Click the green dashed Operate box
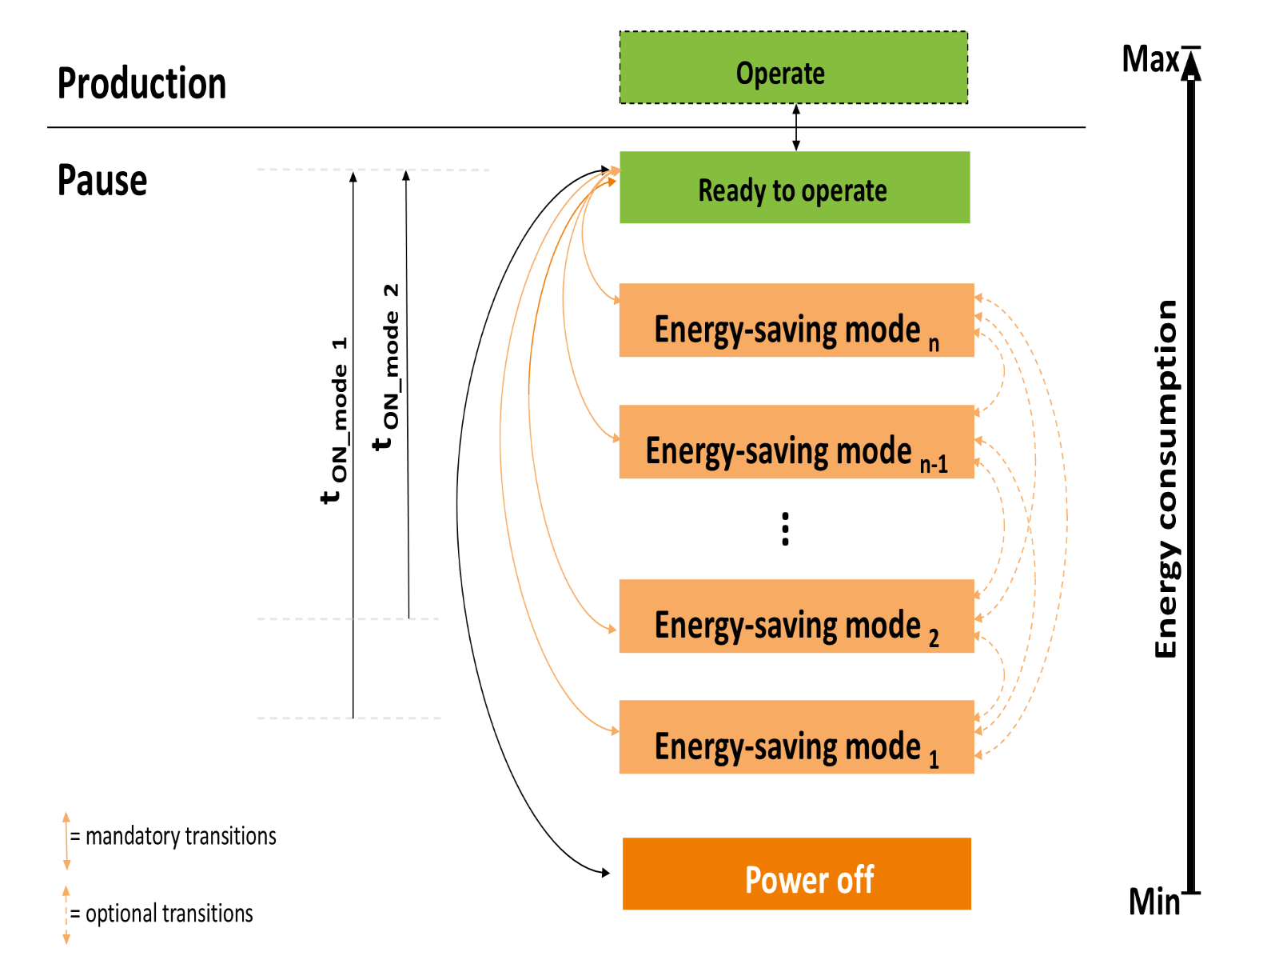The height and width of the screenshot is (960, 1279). coord(793,68)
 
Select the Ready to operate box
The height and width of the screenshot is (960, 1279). coord(795,187)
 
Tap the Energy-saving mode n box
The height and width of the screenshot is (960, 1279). coord(796,320)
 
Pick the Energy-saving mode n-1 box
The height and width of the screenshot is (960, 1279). coord(796,442)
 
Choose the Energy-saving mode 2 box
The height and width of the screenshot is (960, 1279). coord(796,616)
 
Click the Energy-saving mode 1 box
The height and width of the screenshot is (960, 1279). coord(796,737)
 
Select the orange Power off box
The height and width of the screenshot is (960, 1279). coord(796,874)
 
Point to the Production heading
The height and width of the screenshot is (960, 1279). coord(141,83)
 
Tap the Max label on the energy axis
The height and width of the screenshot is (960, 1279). coord(1150,59)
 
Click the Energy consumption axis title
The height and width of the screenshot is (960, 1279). coord(1166,479)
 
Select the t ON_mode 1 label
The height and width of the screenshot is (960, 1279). coord(334,420)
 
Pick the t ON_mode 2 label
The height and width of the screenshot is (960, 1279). coord(386,367)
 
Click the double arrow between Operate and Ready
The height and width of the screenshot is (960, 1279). coord(796,128)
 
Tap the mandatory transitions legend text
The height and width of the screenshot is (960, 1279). coord(173,836)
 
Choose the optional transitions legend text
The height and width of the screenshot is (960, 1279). coord(161,914)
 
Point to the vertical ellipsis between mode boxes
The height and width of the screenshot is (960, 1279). coord(786,529)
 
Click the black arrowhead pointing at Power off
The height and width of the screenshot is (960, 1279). coord(606,873)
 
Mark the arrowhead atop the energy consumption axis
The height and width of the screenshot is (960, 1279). coord(1191,65)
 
